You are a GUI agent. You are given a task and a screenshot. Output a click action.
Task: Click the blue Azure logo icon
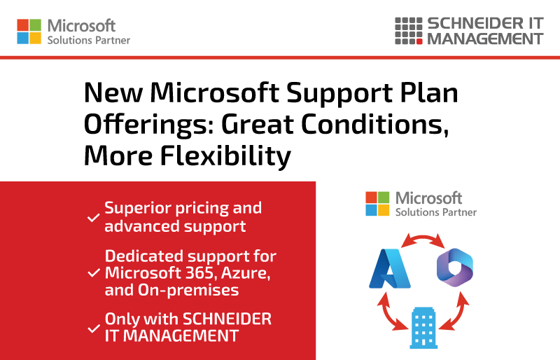[390, 268]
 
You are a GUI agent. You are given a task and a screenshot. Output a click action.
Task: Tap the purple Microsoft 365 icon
[454, 268]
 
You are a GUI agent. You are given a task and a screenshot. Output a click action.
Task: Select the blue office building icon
[423, 328]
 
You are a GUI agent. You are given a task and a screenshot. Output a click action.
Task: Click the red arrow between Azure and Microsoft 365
[423, 237]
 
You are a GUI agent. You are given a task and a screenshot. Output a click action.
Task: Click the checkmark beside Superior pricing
[94, 217]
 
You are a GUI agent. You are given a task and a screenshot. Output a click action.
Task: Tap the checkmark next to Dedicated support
[94, 273]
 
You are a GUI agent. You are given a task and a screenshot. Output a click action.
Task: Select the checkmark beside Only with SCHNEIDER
[94, 328]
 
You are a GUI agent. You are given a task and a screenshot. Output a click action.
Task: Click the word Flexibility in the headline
[225, 156]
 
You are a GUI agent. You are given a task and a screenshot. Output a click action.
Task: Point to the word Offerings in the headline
[149, 125]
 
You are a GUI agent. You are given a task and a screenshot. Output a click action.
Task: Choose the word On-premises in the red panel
[188, 290]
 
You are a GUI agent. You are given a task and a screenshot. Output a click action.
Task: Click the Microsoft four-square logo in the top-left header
[29, 32]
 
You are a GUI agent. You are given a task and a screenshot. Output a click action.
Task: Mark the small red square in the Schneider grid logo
[419, 41]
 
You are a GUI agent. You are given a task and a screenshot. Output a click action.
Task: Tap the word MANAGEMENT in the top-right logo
[485, 39]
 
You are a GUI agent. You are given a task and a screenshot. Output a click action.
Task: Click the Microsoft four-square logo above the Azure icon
[377, 204]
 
